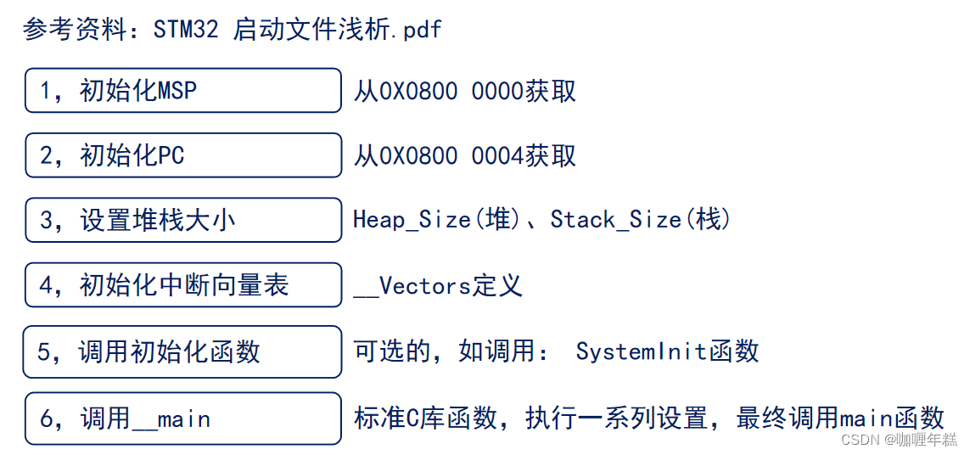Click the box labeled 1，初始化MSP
182,90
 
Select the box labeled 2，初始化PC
182,155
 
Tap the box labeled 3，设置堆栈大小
182,220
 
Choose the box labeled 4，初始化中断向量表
182,285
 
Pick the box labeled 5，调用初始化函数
182,351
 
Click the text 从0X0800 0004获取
465,156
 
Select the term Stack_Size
615,221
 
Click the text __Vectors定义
438,286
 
